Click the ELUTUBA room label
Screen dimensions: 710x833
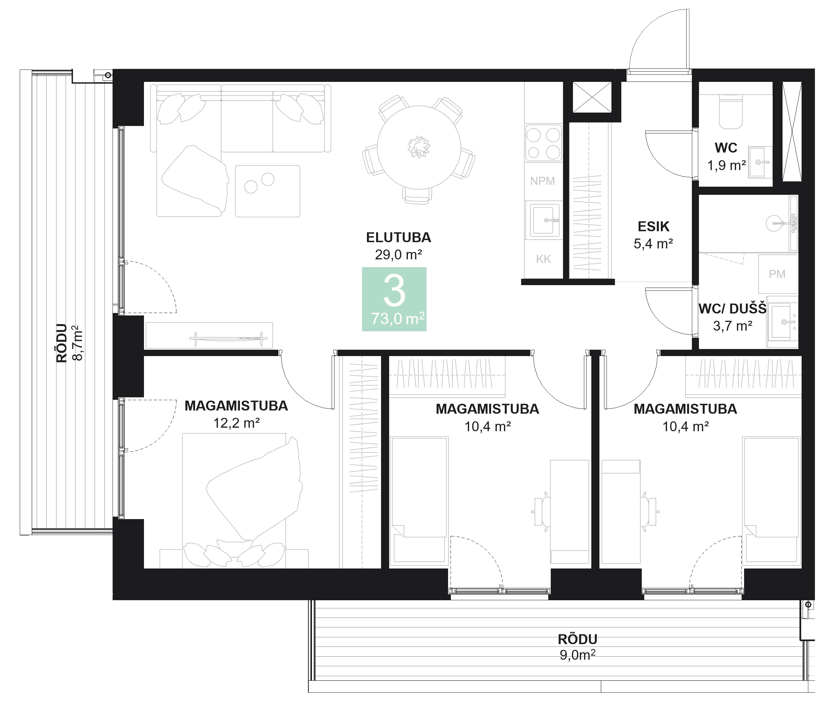[x=398, y=237]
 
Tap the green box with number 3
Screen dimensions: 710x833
[x=394, y=299]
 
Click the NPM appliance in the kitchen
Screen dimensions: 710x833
[x=542, y=181]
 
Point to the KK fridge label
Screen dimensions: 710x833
[x=543, y=259]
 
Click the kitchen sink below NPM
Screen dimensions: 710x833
[x=544, y=220]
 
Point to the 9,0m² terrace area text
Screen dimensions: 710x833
[x=577, y=655]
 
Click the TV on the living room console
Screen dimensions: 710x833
[x=228, y=338]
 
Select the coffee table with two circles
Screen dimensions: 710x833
[x=267, y=191]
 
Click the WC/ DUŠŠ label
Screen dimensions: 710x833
[x=732, y=309]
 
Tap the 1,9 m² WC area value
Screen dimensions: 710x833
[x=726, y=165]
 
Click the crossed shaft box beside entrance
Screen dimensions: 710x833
[x=592, y=97]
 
